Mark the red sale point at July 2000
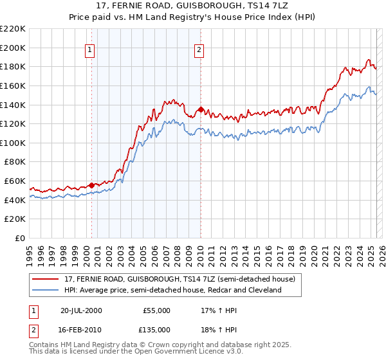pyautogui.click(x=92, y=185)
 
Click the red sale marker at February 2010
pyautogui.click(x=201, y=109)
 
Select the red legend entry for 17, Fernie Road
pyautogui.click(x=179, y=280)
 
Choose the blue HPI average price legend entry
pyautogui.click(x=173, y=291)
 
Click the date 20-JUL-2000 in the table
pyautogui.click(x=81, y=310)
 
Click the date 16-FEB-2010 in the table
pyautogui.click(x=81, y=330)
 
